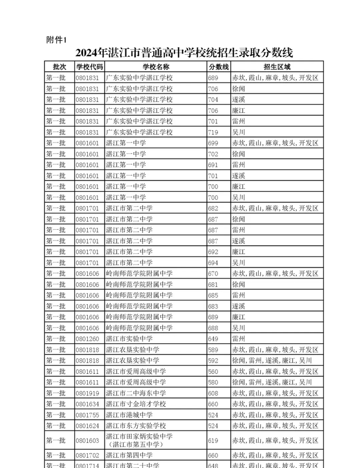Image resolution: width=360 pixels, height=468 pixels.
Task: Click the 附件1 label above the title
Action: tap(56, 40)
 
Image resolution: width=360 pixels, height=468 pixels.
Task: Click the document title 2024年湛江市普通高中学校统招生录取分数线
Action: tap(184, 53)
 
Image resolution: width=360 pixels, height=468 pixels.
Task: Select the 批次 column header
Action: tap(59, 67)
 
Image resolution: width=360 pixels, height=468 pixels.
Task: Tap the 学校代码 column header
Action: tap(89, 67)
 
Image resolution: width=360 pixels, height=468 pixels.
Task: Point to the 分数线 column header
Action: tap(219, 67)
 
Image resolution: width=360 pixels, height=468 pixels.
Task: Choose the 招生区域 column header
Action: tap(277, 67)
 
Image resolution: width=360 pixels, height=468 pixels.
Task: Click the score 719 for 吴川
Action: tap(213, 132)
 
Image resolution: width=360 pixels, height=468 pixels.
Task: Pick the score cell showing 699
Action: tap(213, 143)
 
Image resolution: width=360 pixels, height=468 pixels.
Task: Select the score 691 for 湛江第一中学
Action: tap(213, 165)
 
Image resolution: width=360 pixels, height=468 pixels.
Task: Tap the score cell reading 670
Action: tap(213, 274)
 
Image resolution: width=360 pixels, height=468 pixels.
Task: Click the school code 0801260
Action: tap(87, 339)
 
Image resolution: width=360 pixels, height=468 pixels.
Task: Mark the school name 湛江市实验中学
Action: tap(130, 339)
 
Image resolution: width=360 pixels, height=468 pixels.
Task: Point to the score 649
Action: tap(213, 339)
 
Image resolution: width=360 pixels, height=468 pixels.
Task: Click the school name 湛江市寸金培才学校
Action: tap(136, 404)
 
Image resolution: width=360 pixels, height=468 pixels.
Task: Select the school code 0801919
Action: tap(87, 394)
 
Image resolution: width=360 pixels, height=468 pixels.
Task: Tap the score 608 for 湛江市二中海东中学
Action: tap(213, 394)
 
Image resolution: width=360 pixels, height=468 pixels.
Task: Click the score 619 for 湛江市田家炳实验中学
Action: tap(213, 441)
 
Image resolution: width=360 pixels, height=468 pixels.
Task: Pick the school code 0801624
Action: tap(87, 426)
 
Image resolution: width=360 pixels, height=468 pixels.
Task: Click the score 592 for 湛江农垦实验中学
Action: tap(213, 361)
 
